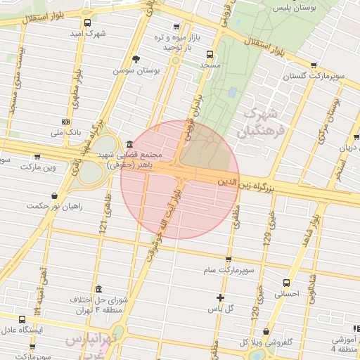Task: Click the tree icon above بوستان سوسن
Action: (x=136, y=59)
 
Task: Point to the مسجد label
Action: (x=210, y=65)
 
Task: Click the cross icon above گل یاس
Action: (x=221, y=297)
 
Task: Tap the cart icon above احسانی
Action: (x=283, y=278)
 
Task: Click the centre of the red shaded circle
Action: (x=180, y=179)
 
